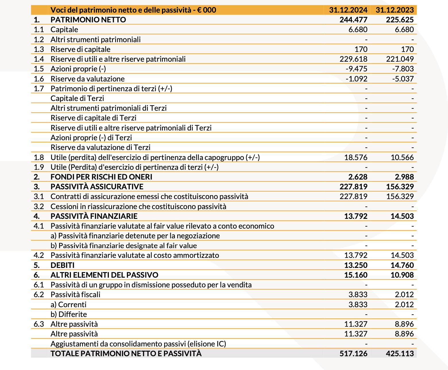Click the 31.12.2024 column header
(x=348, y=10)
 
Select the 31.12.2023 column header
(x=395, y=10)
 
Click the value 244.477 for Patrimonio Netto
(x=353, y=20)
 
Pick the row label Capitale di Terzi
(x=77, y=98)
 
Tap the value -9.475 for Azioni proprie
(x=356, y=69)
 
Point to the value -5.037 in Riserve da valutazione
(x=403, y=79)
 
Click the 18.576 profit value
(x=356, y=157)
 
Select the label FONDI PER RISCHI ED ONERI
(x=101, y=177)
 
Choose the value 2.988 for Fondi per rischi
(x=404, y=177)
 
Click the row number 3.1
(x=38, y=196)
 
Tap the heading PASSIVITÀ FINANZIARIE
(x=94, y=216)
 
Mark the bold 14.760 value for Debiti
(x=402, y=265)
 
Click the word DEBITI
(x=62, y=265)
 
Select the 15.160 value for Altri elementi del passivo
(x=356, y=275)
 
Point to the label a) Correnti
(x=68, y=305)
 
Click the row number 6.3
(x=38, y=324)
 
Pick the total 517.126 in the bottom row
(x=353, y=354)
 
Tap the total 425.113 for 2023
(x=400, y=354)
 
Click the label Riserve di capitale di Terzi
(x=93, y=118)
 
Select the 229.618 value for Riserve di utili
(x=353, y=59)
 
